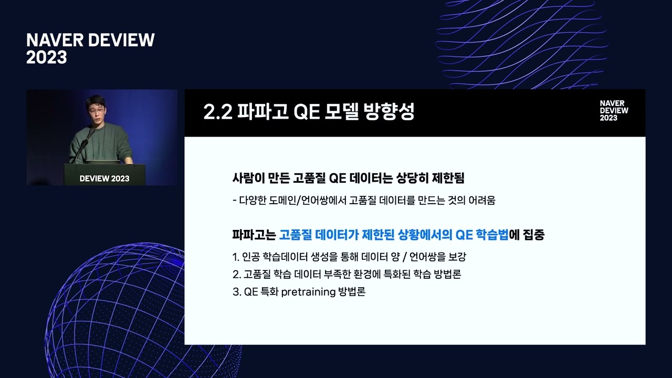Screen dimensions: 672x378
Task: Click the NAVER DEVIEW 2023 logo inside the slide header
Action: (x=614, y=111)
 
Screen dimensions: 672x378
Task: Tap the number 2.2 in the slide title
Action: (x=218, y=112)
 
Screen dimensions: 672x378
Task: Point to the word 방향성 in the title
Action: (x=389, y=112)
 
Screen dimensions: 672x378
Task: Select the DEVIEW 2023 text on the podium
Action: (x=104, y=178)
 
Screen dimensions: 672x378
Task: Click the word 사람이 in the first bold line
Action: (x=248, y=178)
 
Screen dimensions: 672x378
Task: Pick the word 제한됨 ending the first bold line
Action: (x=448, y=178)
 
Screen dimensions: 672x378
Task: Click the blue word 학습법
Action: (x=492, y=235)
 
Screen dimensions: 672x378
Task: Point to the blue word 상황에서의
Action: (x=425, y=235)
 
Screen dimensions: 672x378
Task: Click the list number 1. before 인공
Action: (x=236, y=257)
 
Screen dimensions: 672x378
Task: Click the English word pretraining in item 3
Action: (x=308, y=292)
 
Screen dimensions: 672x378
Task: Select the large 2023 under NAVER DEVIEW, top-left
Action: (x=47, y=57)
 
